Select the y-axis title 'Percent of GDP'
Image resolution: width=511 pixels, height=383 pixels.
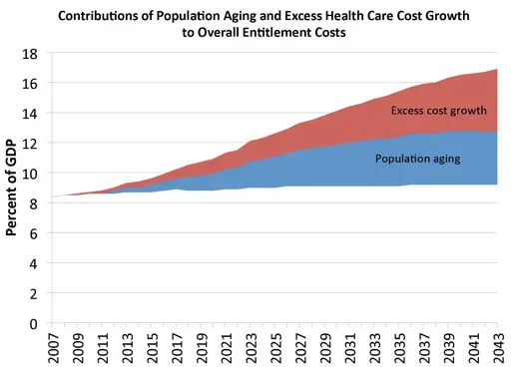(x=15, y=188)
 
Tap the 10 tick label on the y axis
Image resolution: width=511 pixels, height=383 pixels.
(x=31, y=174)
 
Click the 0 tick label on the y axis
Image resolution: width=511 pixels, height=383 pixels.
(x=35, y=324)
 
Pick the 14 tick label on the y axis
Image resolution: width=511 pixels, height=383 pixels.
(x=31, y=113)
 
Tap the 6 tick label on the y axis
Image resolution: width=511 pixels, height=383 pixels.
(x=35, y=233)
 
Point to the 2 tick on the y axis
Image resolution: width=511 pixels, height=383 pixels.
(x=35, y=294)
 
